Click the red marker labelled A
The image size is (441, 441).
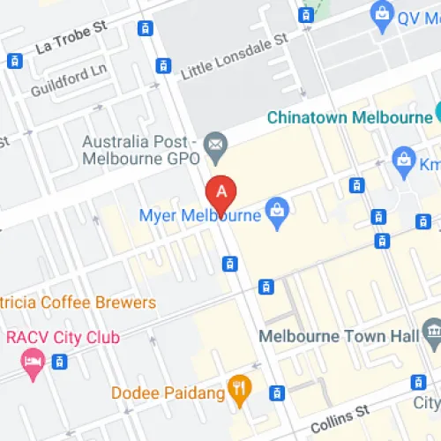[x=221, y=191]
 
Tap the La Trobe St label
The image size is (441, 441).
[x=71, y=37]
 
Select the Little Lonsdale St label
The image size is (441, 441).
[x=234, y=56]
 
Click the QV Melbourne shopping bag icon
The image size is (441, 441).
[x=382, y=13]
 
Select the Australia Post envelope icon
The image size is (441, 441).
[x=214, y=142]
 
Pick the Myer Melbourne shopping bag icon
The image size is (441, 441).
[x=278, y=213]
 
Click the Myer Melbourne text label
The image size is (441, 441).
[x=200, y=215]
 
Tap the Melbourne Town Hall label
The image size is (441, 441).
[x=334, y=336]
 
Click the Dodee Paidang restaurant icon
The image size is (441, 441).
[x=236, y=385]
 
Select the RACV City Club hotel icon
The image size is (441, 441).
[x=34, y=362]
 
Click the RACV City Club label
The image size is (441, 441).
[x=60, y=336]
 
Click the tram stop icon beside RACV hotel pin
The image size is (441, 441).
[x=60, y=362]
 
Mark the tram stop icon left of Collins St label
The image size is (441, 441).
[x=278, y=392]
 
